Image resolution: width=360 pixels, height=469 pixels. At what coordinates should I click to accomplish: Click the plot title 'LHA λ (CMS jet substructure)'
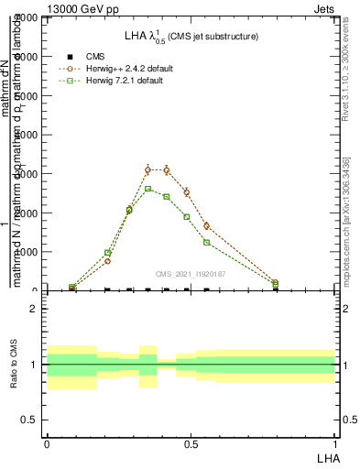tap(191, 36)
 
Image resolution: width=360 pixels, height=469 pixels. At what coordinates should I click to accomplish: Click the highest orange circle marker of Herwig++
tap(147, 169)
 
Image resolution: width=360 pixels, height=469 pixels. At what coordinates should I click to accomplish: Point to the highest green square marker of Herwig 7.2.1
tap(147, 189)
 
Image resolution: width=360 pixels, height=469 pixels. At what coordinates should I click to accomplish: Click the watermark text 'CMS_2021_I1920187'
tap(191, 274)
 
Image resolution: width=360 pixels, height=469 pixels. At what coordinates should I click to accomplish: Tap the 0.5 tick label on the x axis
tap(191, 442)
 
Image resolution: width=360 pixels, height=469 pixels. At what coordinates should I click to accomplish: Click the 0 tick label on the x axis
tap(47, 442)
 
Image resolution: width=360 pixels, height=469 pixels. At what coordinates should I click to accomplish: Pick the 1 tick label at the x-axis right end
tap(335, 442)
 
